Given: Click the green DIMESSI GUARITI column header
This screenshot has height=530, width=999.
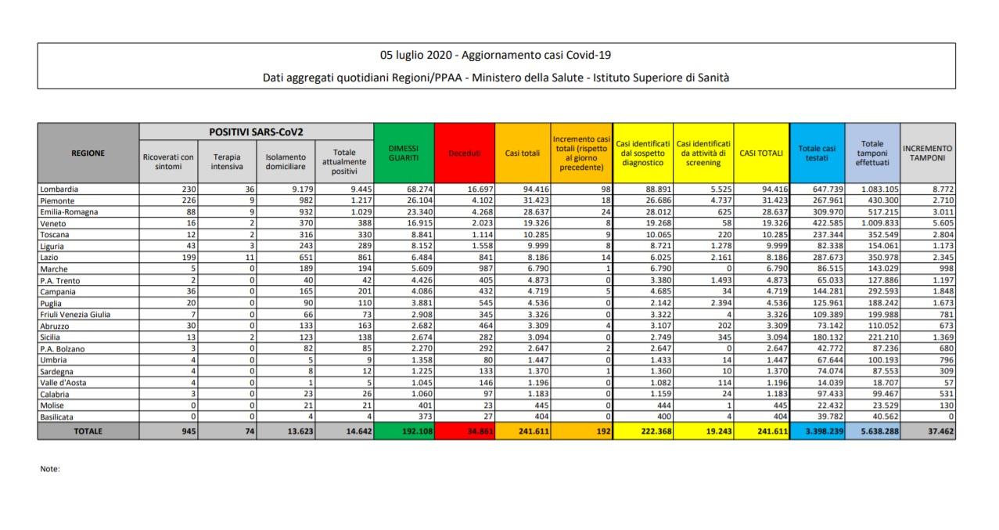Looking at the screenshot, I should [404, 153].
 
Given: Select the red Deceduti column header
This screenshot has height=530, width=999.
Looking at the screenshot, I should [465, 153].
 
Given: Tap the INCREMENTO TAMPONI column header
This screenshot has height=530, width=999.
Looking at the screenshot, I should [928, 153].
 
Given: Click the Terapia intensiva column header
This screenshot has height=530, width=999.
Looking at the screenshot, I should [227, 162].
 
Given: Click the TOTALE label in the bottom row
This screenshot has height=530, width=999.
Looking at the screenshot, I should [88, 430].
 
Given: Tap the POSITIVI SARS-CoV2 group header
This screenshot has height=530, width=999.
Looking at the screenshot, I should [256, 132].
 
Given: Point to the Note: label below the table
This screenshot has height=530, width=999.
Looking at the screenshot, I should [49, 469].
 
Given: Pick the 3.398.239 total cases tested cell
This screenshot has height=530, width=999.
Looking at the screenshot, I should [818, 430].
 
